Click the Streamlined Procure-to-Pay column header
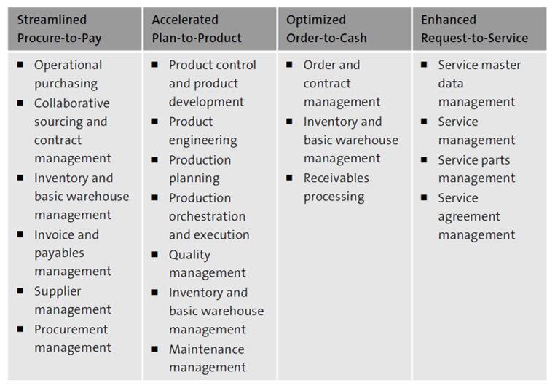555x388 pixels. pyautogui.click(x=58, y=29)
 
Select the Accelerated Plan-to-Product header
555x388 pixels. pyautogui.click(x=197, y=29)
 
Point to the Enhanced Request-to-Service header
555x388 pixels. pyautogui.click(x=474, y=29)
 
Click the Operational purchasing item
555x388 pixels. pyautogui.click(x=68, y=74)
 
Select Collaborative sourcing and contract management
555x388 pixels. pyautogui.click(x=72, y=131)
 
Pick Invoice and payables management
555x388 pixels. pyautogui.click(x=72, y=253)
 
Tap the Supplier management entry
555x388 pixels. pyautogui.click(x=72, y=300)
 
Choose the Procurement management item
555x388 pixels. pyautogui.click(x=72, y=338)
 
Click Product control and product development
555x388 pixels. pyautogui.click(x=212, y=83)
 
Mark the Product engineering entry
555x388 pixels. pyautogui.click(x=202, y=131)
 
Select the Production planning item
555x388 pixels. pyautogui.click(x=200, y=169)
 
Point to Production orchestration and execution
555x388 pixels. pyautogui.click(x=208, y=216)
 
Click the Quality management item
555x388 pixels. pyautogui.click(x=207, y=264)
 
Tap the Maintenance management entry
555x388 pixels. pyautogui.click(x=207, y=358)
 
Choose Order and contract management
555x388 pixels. pyautogui.click(x=342, y=83)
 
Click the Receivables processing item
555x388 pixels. pyautogui.click(x=336, y=187)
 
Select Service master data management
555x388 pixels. pyautogui.click(x=479, y=83)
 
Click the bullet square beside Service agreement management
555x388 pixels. pyautogui.click(x=424, y=197)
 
